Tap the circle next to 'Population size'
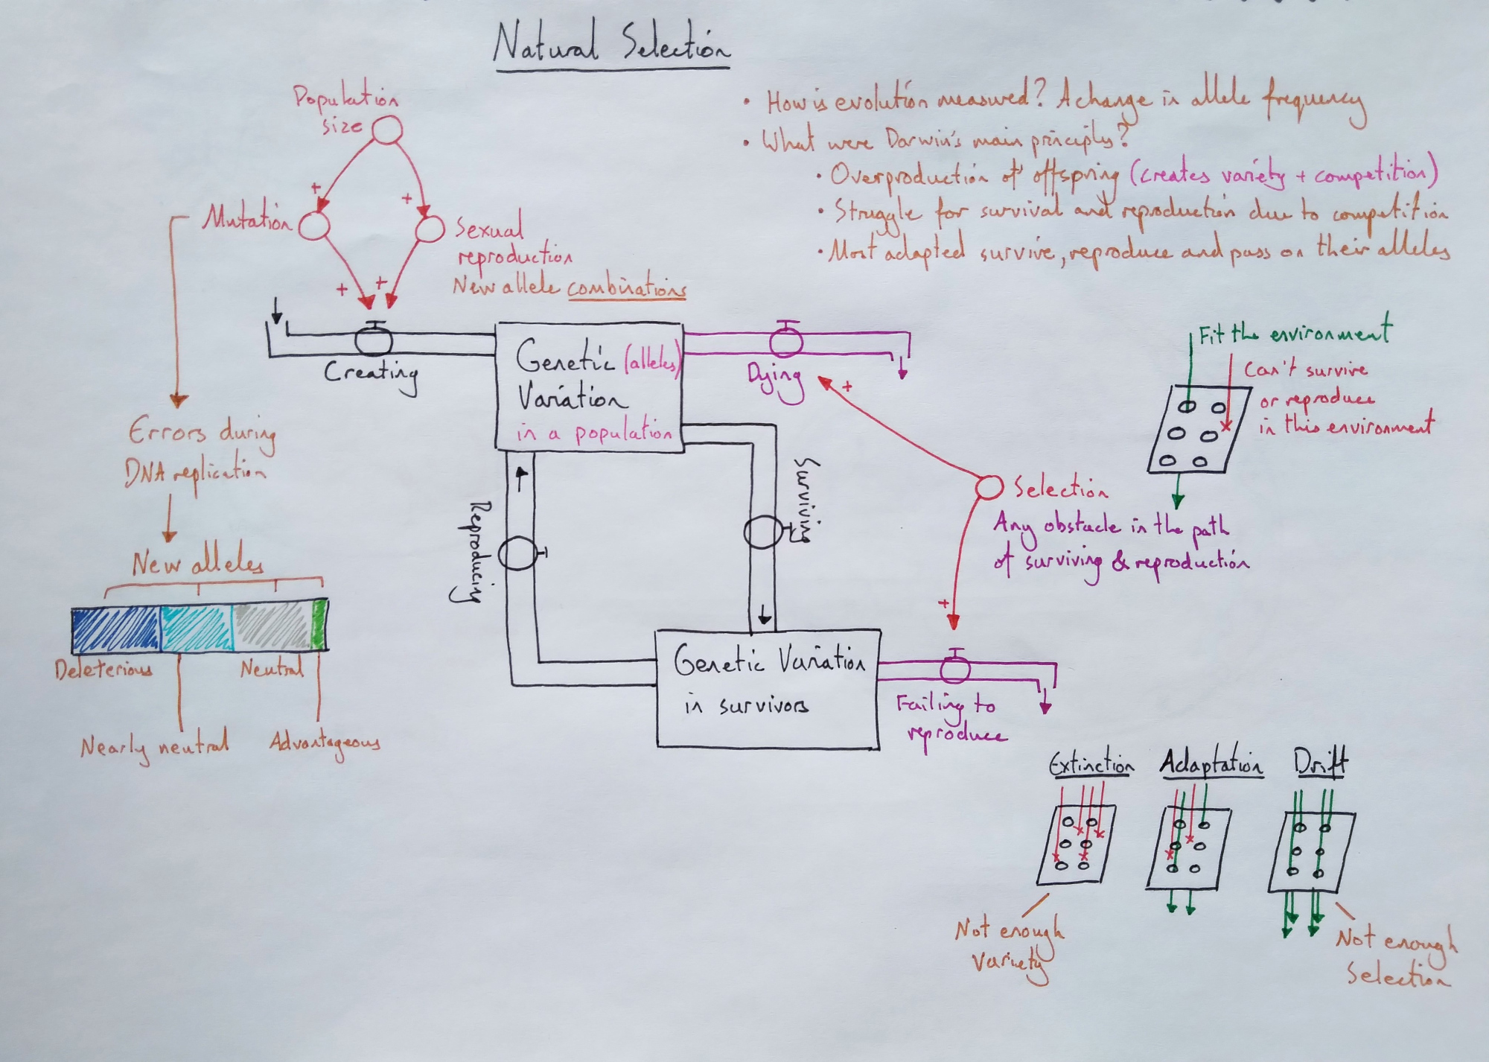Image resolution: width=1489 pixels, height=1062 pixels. tap(386, 131)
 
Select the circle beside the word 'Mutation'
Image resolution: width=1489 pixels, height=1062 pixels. tap(314, 225)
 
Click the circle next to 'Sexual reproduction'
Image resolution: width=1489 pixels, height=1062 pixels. tap(429, 229)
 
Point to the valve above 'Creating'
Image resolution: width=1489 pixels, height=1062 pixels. tap(374, 339)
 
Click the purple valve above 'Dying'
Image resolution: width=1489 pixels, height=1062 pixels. tap(785, 340)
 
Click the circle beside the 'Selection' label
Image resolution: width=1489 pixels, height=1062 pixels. tap(989, 487)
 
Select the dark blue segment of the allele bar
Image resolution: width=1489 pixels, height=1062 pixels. tap(116, 629)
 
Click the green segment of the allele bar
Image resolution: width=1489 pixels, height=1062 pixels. tap(319, 624)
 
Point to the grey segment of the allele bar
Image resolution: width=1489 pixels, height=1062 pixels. tap(272, 627)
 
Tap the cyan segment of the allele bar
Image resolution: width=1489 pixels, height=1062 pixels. tap(197, 629)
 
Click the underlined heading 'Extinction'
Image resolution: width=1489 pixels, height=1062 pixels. tap(1091, 765)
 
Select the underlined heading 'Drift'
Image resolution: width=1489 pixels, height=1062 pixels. tap(1320, 763)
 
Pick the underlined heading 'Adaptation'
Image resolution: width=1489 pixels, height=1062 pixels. tap(1211, 766)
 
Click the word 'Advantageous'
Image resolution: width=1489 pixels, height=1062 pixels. tap(325, 743)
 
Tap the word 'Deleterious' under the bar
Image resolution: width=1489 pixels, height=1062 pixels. tap(104, 669)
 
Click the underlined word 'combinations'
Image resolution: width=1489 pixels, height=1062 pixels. tap(626, 287)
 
